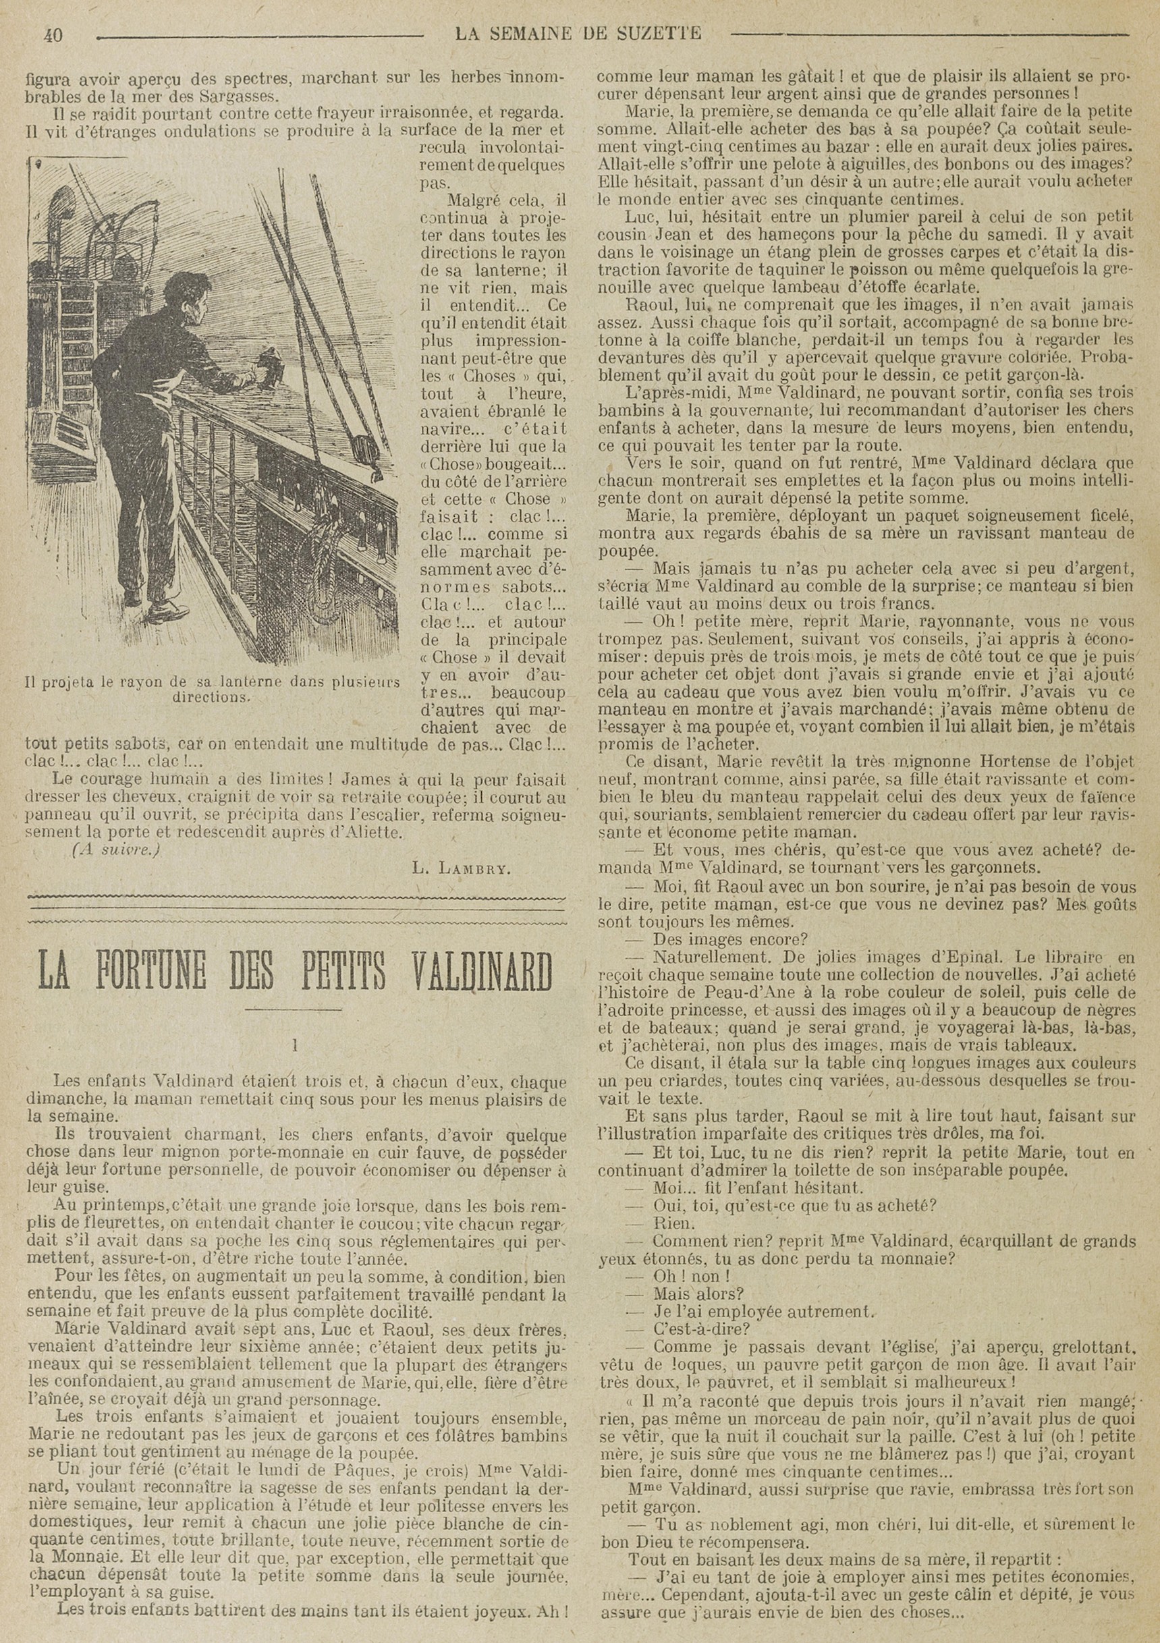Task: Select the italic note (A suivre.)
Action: (x=116, y=850)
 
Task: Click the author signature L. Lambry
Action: (x=461, y=870)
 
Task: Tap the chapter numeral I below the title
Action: (x=294, y=1045)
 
